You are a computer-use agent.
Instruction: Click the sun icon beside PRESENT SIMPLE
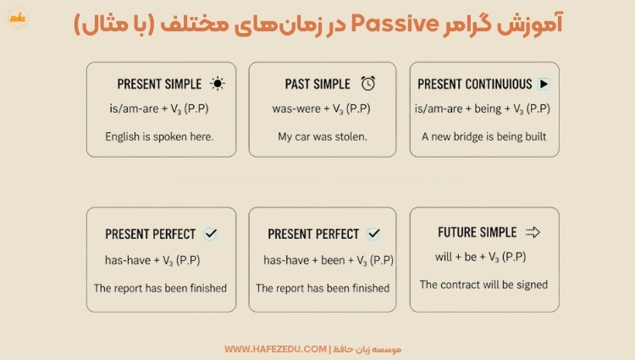tap(218, 84)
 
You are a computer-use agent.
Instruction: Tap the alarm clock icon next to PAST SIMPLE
tap(368, 84)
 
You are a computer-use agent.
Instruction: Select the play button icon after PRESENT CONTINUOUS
tap(544, 84)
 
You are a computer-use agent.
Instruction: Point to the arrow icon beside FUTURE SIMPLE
tap(533, 232)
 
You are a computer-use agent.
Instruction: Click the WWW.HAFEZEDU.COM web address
tap(274, 349)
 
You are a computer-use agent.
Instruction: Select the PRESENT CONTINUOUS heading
tap(475, 85)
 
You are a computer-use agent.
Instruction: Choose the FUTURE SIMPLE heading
tap(477, 232)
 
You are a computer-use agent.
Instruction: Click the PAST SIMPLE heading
tap(317, 85)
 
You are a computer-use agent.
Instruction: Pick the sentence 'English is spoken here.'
tap(159, 136)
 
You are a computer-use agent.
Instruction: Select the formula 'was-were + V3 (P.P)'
tap(321, 109)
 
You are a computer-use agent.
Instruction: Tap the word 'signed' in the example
tap(530, 285)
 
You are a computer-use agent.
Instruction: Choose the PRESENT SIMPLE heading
tap(159, 85)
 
